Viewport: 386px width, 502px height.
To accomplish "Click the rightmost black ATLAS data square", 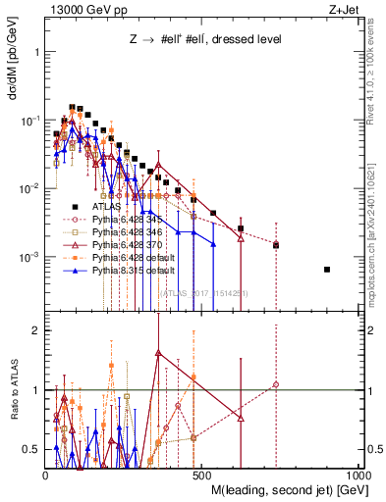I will [327, 270].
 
